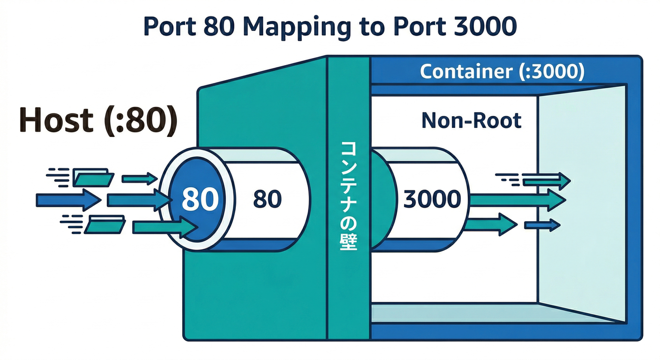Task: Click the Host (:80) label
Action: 98,120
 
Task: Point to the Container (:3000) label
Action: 502,72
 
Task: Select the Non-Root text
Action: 471,121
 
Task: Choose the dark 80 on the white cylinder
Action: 267,200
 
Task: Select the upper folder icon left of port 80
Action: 93,178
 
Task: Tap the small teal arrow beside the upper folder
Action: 139,178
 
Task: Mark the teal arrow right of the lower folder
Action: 164,228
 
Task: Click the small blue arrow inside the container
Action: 542,225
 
